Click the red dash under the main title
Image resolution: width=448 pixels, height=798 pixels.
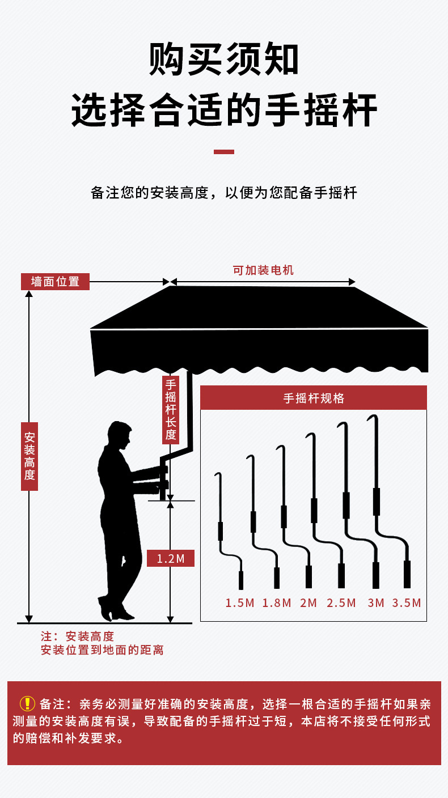(x=223, y=152)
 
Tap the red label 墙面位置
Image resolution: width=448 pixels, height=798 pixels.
(x=55, y=282)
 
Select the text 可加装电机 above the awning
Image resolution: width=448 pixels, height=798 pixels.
(x=263, y=270)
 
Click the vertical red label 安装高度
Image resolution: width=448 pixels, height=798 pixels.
(x=29, y=456)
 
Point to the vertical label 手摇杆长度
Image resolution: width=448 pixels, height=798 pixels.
(x=171, y=409)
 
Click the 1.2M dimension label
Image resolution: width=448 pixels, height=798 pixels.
(x=171, y=559)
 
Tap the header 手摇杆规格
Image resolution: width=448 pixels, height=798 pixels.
(x=314, y=398)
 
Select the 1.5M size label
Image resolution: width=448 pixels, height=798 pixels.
(x=240, y=602)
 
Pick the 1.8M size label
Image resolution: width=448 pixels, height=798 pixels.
(x=277, y=602)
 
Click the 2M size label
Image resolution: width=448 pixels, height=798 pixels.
(x=308, y=602)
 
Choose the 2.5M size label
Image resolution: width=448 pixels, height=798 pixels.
(x=341, y=602)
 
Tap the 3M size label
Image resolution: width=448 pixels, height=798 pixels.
(x=376, y=602)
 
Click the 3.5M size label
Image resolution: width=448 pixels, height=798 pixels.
(x=407, y=602)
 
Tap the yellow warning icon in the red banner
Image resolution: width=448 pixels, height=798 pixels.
(x=27, y=703)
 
